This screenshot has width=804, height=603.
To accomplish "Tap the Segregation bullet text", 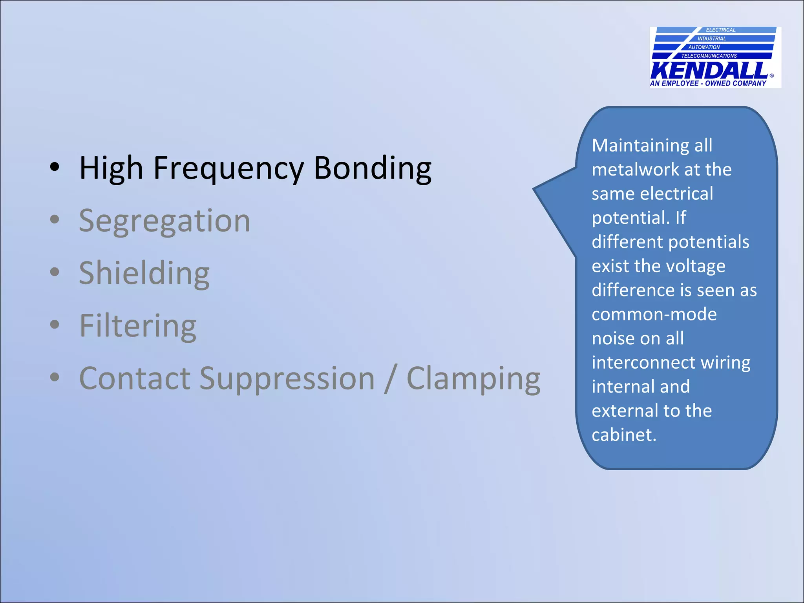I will tap(164, 221).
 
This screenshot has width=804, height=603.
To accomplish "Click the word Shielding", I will tap(144, 273).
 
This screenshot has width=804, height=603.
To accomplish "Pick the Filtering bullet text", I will tap(138, 326).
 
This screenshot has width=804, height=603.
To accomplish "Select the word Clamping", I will tap(473, 378).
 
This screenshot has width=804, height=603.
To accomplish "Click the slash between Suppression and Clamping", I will tap(390, 378).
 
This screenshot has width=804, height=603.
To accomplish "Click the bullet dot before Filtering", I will tap(55, 325).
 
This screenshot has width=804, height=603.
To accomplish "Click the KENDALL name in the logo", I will tap(709, 71).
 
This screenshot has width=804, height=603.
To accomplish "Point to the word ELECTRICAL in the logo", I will tap(720, 30).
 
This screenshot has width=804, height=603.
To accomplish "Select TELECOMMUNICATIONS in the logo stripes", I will tap(709, 56).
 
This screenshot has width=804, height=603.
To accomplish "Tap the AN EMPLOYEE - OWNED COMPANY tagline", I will tap(708, 83).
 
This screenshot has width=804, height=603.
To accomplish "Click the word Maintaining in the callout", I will tap(640, 146).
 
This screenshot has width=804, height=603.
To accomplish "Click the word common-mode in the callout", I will tap(654, 314).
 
